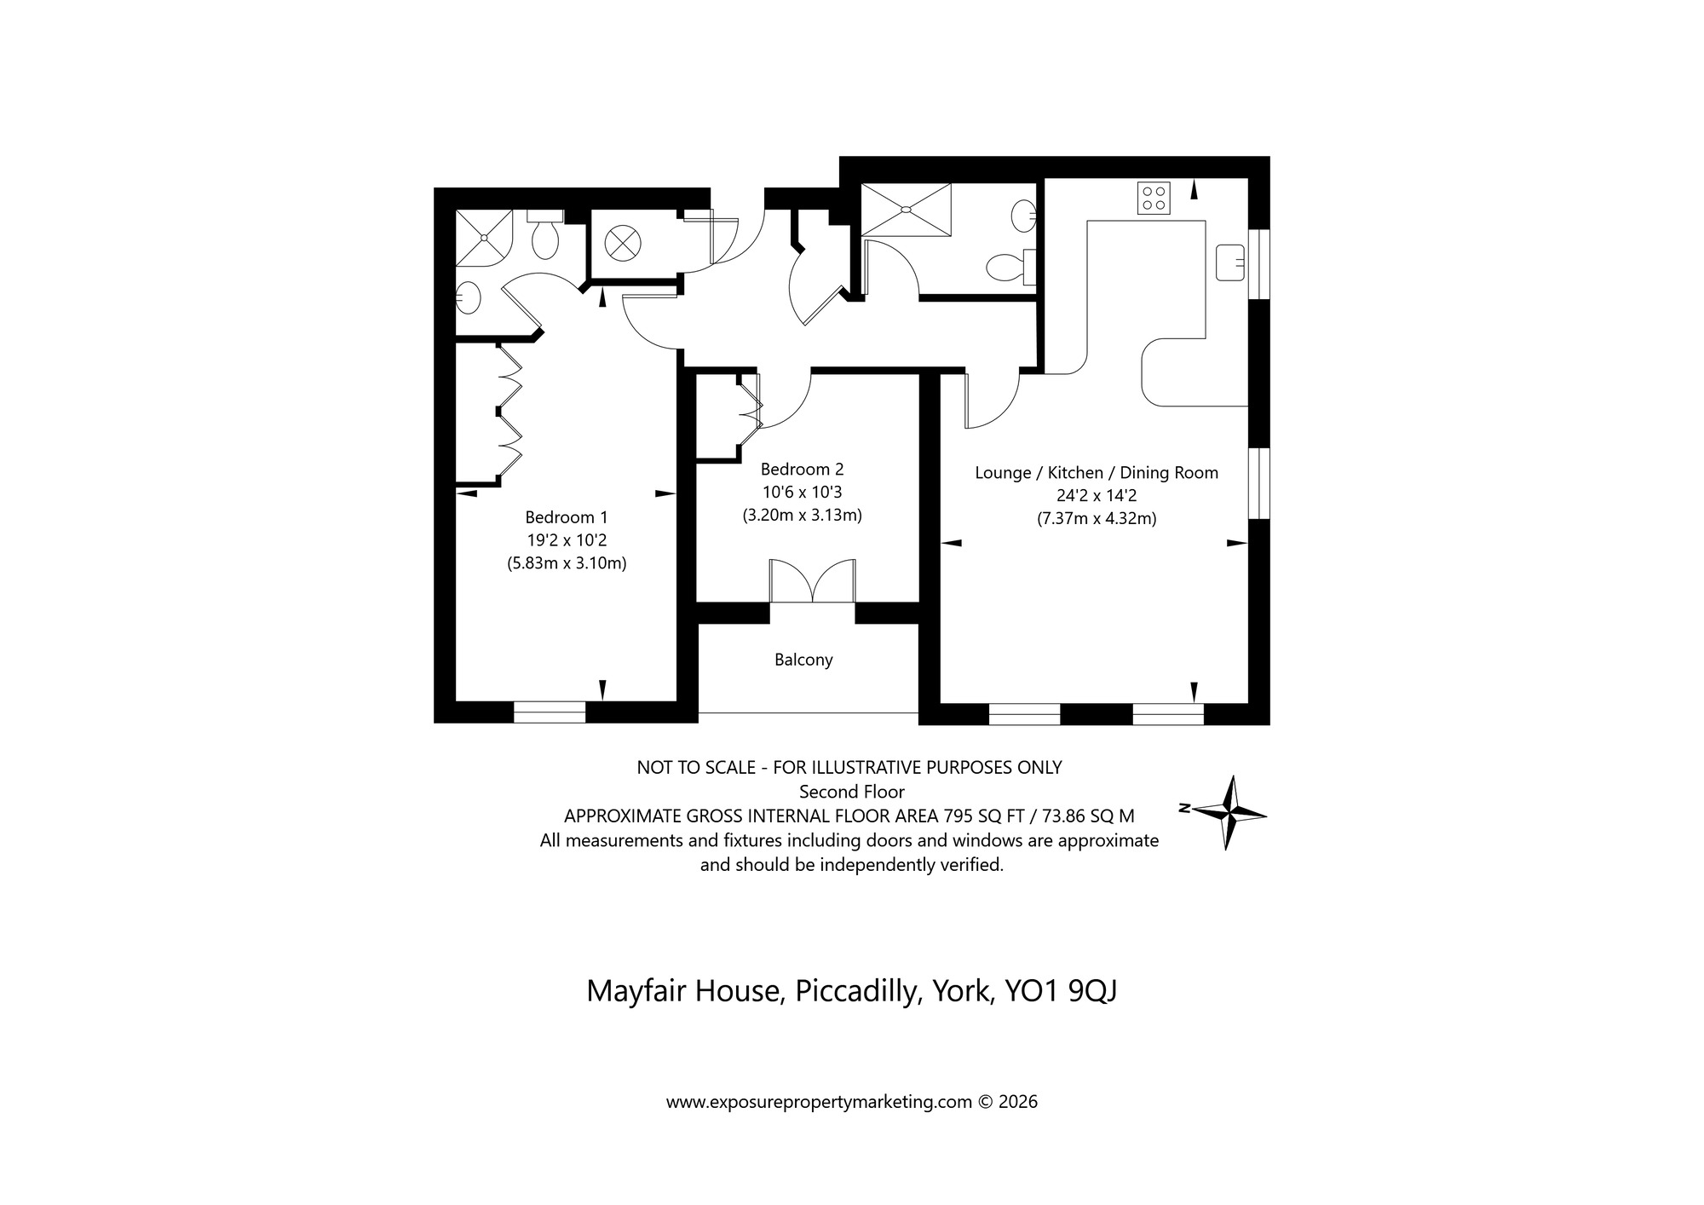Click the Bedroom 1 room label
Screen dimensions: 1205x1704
pos(567,517)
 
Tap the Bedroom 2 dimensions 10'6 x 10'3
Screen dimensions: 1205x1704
pos(802,492)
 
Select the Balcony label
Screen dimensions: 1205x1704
pos(803,660)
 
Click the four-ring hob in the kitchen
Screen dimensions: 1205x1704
pos(1154,199)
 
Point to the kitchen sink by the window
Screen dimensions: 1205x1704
pos(1230,262)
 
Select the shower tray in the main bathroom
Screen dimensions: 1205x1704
pos(905,210)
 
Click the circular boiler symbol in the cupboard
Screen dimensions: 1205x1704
pos(621,243)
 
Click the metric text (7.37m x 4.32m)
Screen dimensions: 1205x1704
pos(1097,518)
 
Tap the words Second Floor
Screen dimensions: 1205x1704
pos(851,792)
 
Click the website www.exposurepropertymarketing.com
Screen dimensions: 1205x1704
pos(818,1102)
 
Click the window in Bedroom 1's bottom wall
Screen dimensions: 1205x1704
pos(550,712)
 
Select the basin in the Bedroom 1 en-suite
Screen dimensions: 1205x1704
pos(468,297)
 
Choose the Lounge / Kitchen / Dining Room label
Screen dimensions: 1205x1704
pos(1097,472)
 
